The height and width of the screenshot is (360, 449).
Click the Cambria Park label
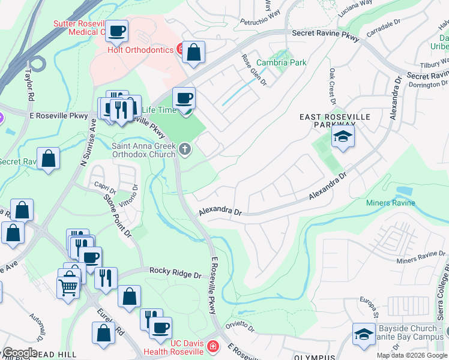click(281, 62)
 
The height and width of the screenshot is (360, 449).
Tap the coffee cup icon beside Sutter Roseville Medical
click(117, 31)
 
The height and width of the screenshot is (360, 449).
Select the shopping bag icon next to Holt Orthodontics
click(193, 53)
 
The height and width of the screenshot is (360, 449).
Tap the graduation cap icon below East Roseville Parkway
click(343, 137)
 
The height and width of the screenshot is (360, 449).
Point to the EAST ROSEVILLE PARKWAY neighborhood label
click(335, 121)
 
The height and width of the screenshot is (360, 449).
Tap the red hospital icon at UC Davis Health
click(212, 346)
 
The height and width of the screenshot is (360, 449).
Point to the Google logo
click(19, 353)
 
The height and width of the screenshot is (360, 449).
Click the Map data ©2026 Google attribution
click(411, 355)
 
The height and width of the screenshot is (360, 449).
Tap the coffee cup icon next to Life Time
click(184, 98)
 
